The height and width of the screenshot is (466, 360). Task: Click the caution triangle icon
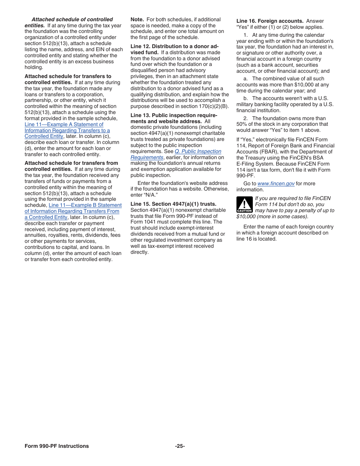[244, 205]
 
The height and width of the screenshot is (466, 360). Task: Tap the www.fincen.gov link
[276, 184]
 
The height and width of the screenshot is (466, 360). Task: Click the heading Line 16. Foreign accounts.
[270, 21]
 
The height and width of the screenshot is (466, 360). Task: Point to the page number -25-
[180, 446]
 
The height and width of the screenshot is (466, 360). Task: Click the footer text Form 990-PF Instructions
[57, 446]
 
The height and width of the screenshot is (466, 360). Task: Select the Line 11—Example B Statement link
[85, 205]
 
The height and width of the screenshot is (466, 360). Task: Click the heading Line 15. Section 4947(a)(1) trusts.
[173, 204]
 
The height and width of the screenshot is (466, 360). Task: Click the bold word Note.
[137, 20]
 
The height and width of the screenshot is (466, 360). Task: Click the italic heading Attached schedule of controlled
[72, 20]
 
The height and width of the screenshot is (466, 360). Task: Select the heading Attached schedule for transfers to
[68, 77]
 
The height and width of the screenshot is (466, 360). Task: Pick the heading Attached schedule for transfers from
[71, 163]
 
